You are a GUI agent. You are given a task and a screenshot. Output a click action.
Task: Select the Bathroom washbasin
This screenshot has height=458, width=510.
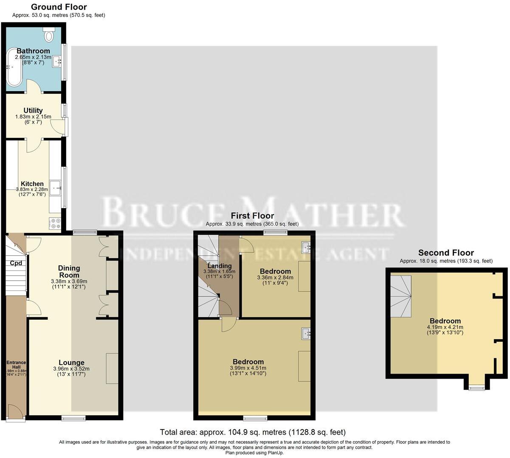tap(56, 62)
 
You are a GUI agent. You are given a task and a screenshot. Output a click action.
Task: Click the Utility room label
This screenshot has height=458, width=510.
tap(33, 111)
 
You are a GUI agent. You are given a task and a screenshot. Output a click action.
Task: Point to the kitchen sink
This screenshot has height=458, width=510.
tap(55, 188)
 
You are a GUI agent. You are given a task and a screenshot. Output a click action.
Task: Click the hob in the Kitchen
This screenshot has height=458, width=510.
tap(55, 223)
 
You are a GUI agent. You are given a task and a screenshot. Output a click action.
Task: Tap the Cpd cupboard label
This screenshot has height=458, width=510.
tap(16, 263)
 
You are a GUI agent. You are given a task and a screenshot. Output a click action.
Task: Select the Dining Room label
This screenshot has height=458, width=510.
tap(69, 271)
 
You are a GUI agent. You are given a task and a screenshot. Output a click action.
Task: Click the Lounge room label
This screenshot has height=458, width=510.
tap(71, 363)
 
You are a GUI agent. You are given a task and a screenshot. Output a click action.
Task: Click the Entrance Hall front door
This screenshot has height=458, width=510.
tap(16, 413)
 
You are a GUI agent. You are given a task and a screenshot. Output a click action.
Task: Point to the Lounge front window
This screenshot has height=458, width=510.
tap(73, 419)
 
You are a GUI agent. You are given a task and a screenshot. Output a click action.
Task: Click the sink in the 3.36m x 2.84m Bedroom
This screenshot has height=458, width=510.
tap(306, 246)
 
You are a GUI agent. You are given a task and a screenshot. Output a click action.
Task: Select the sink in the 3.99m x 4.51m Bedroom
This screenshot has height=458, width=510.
tap(306, 334)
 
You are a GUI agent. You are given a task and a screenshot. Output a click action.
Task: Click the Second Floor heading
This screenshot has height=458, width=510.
tap(446, 253)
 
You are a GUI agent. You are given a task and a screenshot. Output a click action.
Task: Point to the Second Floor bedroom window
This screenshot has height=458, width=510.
tap(476, 387)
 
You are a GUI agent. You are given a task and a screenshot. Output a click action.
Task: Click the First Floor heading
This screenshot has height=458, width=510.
tap(252, 216)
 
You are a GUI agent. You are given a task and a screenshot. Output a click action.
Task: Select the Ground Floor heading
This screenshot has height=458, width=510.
tap(59, 7)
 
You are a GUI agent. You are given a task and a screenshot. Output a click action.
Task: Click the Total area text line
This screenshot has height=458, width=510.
tap(253, 432)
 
